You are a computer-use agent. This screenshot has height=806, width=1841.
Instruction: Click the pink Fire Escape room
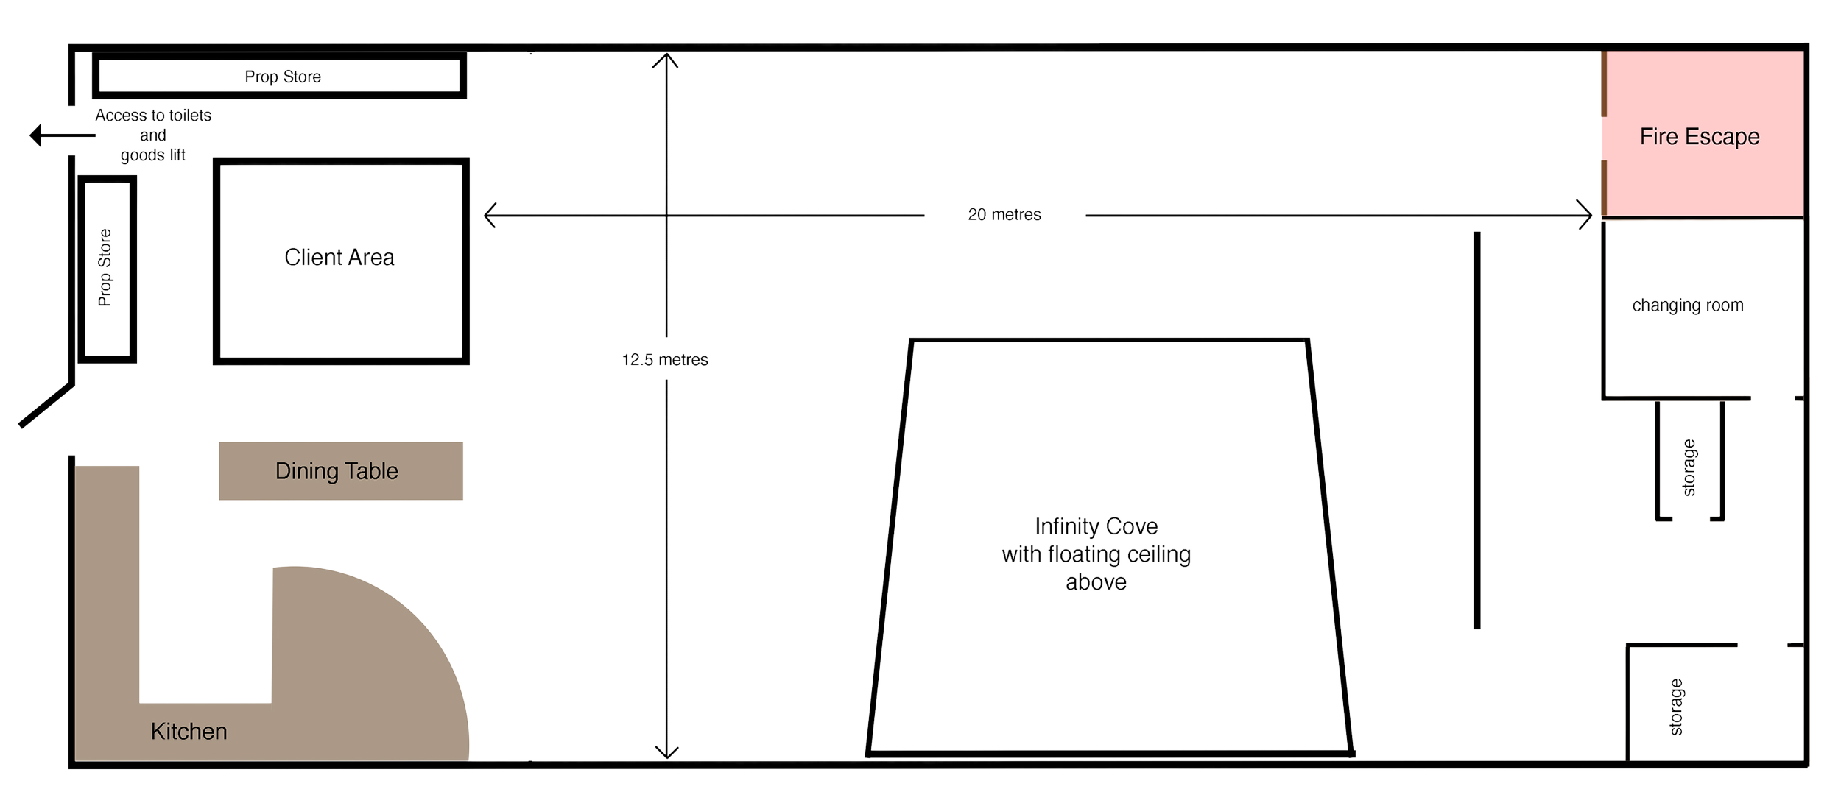pyautogui.click(x=1702, y=136)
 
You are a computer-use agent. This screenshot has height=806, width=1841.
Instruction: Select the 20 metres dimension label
pyautogui.click(x=1004, y=215)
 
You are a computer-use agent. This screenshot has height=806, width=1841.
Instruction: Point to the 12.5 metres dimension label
pyautogui.click(x=665, y=360)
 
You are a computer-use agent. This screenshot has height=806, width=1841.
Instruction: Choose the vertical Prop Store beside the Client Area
pyautogui.click(x=107, y=269)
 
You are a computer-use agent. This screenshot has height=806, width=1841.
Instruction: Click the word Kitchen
pyautogui.click(x=189, y=731)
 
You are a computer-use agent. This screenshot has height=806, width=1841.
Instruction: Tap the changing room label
pyautogui.click(x=1687, y=305)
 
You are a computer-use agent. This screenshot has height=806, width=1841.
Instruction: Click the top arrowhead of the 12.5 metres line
pyautogui.click(x=666, y=60)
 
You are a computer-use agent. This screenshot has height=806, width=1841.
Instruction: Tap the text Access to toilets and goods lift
pyautogui.click(x=153, y=135)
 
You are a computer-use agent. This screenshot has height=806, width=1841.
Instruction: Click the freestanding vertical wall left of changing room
pyautogui.click(x=1476, y=431)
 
